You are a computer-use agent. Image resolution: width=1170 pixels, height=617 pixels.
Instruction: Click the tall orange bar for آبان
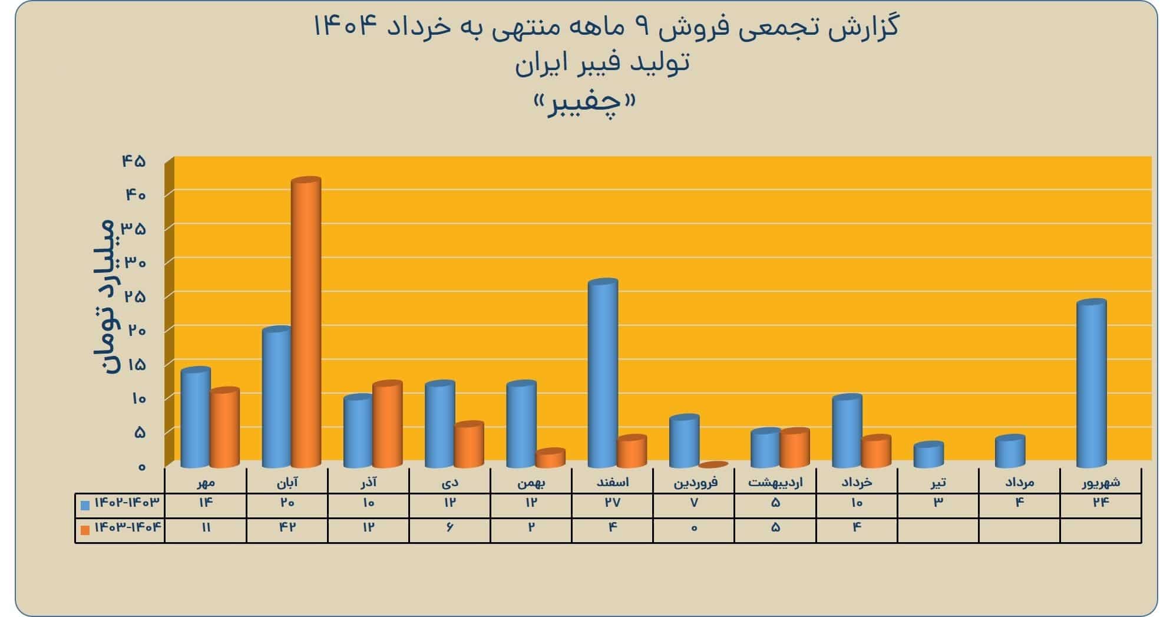click(x=306, y=322)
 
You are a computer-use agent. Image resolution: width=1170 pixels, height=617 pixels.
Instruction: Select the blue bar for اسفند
click(x=603, y=373)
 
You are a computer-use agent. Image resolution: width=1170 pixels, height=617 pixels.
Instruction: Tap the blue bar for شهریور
click(x=1091, y=384)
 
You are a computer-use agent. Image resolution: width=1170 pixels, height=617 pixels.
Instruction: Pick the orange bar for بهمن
click(x=550, y=458)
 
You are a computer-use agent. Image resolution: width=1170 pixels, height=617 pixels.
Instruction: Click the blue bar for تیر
click(x=928, y=454)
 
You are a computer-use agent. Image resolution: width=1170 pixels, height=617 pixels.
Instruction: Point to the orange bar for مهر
click(x=224, y=427)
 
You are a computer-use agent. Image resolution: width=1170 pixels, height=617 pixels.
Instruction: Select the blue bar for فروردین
click(x=684, y=441)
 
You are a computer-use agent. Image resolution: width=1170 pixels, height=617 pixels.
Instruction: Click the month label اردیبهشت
click(x=775, y=483)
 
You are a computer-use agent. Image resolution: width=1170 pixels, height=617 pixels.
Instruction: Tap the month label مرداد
click(x=1019, y=483)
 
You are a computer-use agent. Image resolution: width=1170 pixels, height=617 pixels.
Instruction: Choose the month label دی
click(x=450, y=483)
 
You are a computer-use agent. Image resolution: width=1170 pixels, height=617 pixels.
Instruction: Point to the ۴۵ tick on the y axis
click(x=134, y=161)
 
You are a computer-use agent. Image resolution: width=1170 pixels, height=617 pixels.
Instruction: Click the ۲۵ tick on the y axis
click(x=134, y=296)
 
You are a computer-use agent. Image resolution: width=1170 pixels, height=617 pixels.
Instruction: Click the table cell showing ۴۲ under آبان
click(x=287, y=527)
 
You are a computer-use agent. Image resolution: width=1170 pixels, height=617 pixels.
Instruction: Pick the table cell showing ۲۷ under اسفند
click(x=613, y=503)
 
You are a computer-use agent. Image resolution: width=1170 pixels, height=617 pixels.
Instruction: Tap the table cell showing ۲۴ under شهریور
click(x=1100, y=503)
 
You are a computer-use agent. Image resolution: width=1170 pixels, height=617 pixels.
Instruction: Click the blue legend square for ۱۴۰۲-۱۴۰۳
click(x=85, y=505)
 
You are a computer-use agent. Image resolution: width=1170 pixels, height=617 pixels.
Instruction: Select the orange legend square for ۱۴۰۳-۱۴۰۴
click(x=85, y=530)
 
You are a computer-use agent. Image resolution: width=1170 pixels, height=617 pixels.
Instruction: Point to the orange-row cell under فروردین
click(x=694, y=527)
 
